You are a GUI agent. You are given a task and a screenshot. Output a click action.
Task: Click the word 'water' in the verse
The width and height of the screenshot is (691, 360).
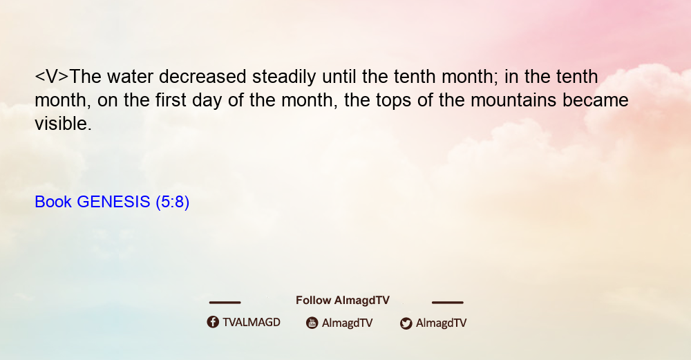click(130, 77)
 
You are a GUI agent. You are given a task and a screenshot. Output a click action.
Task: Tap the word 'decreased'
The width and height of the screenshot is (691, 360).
click(202, 77)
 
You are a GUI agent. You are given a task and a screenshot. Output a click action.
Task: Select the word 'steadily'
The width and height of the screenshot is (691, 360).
click(284, 77)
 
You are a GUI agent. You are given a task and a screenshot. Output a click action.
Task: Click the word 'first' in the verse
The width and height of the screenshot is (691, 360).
click(171, 100)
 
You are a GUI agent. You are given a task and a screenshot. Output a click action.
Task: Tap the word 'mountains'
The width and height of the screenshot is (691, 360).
click(513, 100)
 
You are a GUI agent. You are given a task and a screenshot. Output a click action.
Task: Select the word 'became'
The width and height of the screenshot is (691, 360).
click(596, 100)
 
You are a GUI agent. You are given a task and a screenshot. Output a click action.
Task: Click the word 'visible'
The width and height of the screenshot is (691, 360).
click(63, 124)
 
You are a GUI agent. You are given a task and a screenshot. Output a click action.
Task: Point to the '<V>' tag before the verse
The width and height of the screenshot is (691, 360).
click(52, 77)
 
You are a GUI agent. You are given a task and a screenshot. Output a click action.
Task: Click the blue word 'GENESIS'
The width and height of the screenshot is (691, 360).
click(113, 202)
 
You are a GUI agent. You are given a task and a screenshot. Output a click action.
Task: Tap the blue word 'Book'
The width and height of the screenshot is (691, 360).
click(53, 202)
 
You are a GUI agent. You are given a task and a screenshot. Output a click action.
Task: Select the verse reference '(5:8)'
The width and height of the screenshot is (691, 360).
click(172, 202)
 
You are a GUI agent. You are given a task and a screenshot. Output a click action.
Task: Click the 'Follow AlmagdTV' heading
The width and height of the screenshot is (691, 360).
click(343, 301)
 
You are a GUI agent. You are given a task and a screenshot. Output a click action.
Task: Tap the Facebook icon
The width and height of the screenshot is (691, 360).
click(213, 322)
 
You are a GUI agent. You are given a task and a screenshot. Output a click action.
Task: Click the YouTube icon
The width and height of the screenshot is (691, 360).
click(312, 323)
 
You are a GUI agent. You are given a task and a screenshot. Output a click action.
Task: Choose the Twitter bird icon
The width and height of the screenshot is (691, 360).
click(406, 323)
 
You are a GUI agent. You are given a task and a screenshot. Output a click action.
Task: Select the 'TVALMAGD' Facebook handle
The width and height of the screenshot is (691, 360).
click(252, 323)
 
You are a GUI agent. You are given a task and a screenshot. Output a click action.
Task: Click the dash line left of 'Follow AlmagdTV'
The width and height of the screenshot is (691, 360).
click(225, 303)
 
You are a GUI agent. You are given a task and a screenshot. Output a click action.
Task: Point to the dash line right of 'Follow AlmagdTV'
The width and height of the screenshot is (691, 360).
click(448, 303)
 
